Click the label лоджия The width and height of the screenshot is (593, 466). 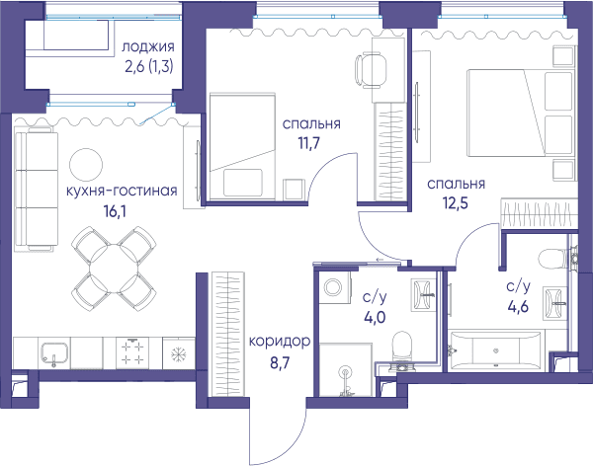pos(148,47)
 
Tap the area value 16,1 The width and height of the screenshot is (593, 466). pos(115,211)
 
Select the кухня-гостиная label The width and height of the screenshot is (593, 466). pos(122,191)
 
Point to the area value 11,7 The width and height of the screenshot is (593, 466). pos(309,143)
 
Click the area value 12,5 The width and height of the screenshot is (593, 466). pos(456,203)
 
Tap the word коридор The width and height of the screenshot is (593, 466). pos(280,343)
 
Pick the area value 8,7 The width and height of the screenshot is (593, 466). pos(280,362)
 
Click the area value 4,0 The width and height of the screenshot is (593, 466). pos(375,318)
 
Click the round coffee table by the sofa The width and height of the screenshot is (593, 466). pos(86,165)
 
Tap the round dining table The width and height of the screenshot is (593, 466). pos(115,269)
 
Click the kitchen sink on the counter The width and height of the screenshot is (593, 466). pos(54,353)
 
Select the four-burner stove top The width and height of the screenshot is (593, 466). pos(132,352)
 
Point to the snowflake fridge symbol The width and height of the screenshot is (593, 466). pos(178,354)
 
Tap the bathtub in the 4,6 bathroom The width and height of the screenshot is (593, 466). pos(495,350)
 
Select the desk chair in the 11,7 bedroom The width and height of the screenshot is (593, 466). pos(370,71)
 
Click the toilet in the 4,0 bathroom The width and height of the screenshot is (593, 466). pos(401,349)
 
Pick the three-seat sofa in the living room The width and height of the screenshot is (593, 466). pos(36,189)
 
